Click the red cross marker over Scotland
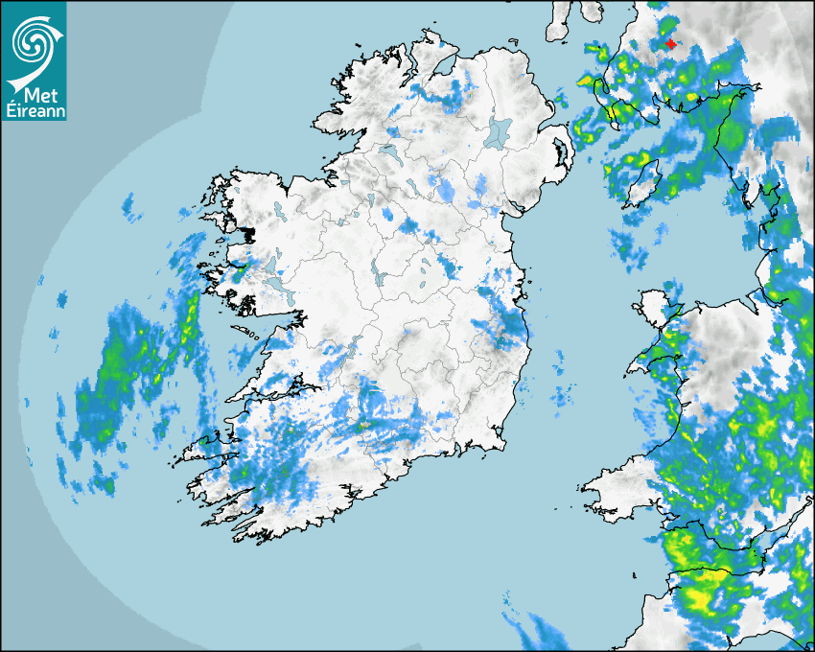point(669,43)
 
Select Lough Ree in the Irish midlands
point(380,273)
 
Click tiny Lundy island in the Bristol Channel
point(634,574)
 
